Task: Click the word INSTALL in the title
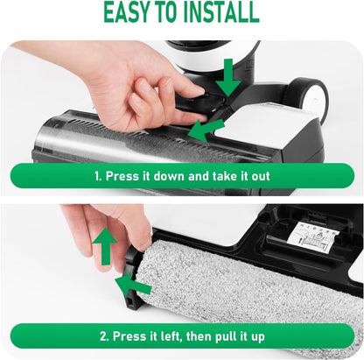pos(220,13)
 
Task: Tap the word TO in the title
pos(173,13)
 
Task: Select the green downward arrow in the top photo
pos(228,78)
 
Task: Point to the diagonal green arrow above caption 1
pos(206,131)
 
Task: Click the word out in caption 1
pos(260,175)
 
